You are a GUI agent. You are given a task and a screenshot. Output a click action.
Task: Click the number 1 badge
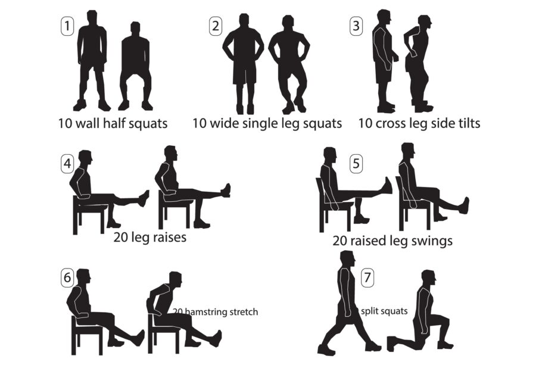pos(67,26)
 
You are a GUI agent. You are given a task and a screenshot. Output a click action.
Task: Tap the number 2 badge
pos(216,26)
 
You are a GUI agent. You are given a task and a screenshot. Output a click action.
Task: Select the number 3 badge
pos(356,26)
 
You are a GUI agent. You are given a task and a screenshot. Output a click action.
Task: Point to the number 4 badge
pos(67,164)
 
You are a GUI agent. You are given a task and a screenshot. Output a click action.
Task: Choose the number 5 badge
pos(356,164)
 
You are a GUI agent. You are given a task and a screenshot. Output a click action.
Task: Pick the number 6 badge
pos(67,277)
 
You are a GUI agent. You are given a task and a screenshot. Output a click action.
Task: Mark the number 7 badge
pos(367,277)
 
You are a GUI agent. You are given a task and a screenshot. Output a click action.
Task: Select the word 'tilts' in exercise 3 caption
pos(469,123)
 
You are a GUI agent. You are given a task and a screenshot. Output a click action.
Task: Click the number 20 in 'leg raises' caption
pos(121,237)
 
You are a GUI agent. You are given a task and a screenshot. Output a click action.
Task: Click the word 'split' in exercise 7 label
pos(369,311)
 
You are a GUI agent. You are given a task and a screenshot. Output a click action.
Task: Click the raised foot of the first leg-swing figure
pos(387,186)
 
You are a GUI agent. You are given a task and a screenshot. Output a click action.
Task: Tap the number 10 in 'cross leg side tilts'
pos(366,123)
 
